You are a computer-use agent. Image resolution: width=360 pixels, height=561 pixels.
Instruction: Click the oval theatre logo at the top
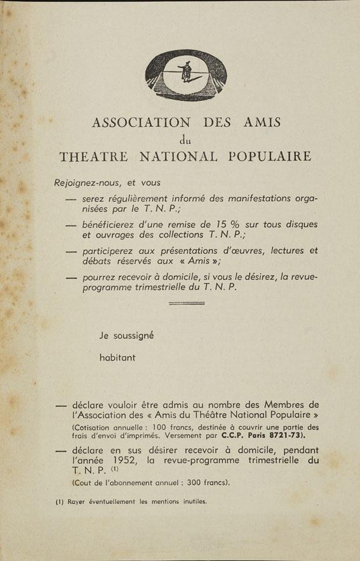click(185, 76)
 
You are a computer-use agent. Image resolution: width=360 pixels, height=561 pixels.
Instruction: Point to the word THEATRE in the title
click(94, 156)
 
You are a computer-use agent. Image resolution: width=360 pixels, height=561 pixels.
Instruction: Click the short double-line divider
click(187, 303)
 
